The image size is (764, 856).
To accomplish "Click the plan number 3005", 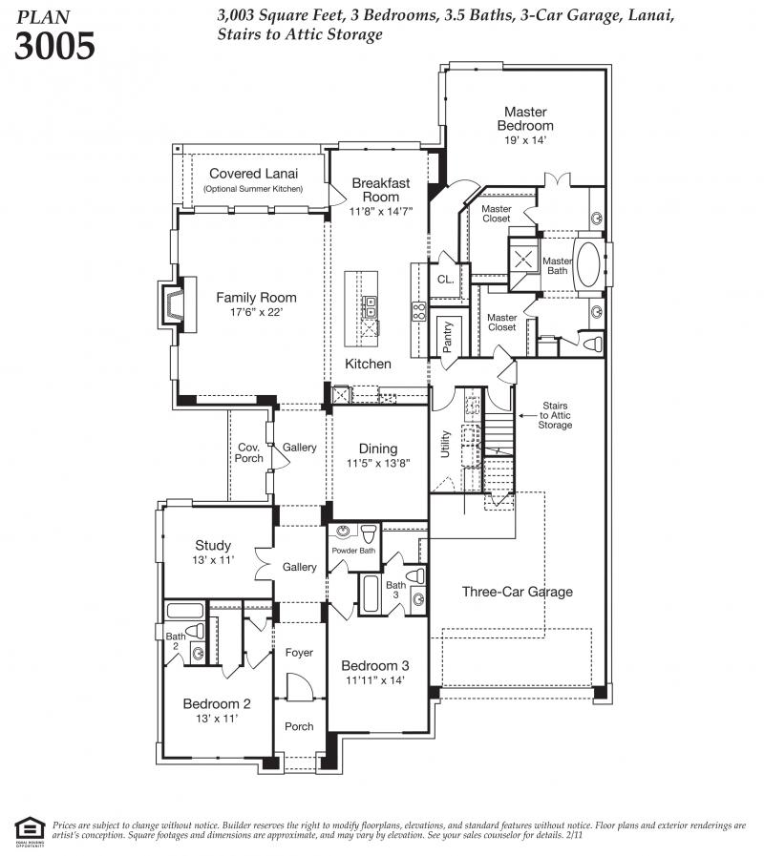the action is point(54,45).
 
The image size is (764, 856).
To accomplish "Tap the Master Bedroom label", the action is point(525,118).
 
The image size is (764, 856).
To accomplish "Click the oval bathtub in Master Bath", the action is point(588,264).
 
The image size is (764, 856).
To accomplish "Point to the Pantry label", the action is point(448,337).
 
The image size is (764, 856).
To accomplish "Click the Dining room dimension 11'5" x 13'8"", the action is point(378,464).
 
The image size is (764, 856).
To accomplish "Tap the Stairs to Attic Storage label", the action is point(555,415).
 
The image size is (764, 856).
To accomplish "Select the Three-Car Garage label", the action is point(517,592).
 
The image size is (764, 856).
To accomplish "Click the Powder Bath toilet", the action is point(369,532).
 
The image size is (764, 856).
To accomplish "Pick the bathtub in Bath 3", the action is point(370,594).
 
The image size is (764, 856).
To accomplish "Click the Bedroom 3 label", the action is point(375,665).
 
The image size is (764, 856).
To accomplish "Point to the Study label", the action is point(213,545).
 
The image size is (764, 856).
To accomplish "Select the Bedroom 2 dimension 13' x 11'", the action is point(217,719).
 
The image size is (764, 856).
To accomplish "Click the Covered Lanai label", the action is point(254,174).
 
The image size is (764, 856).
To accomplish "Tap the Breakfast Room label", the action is point(381,190).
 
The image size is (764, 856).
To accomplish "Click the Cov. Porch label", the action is point(248,453).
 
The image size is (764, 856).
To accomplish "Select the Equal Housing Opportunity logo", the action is point(30,828).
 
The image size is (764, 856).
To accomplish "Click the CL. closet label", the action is point(445,280).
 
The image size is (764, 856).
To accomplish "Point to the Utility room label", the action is point(445,444).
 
